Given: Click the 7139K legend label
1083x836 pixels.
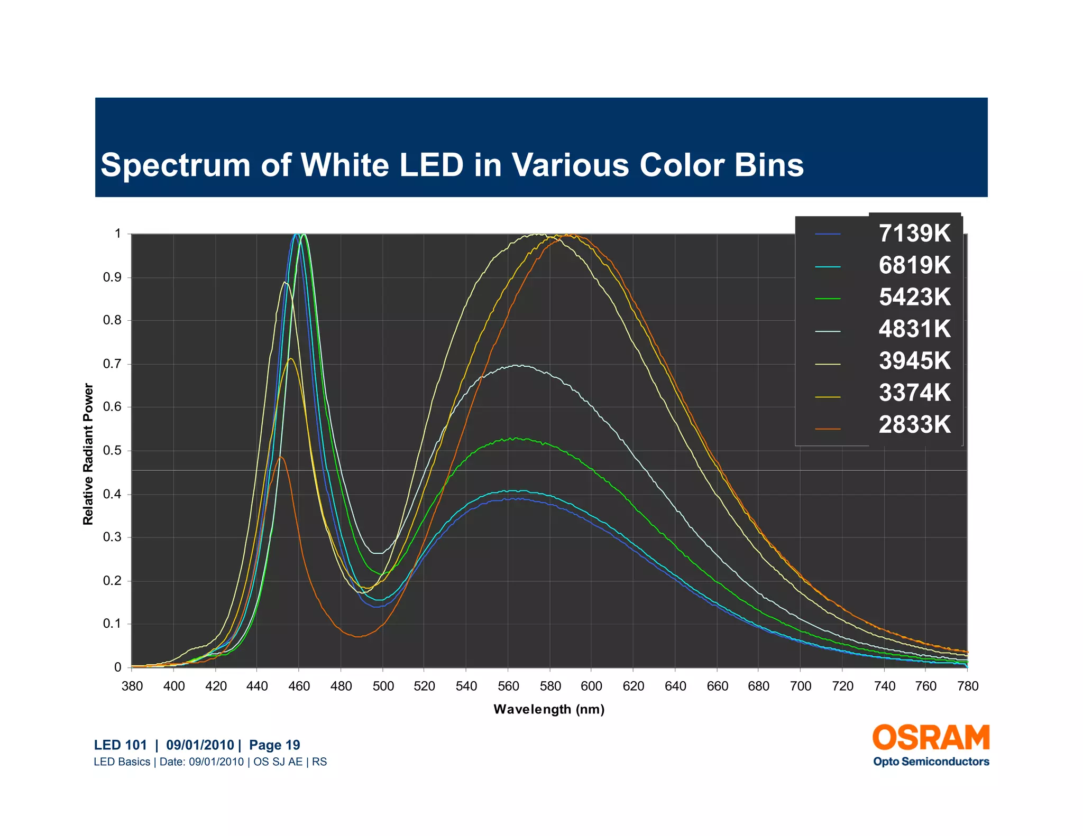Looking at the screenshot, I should click(914, 234).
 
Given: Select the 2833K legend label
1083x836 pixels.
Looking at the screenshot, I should click(914, 425).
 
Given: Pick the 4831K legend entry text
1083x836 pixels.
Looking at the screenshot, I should click(914, 329).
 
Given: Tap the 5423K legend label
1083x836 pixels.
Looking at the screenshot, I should click(914, 297).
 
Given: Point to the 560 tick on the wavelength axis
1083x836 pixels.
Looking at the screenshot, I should click(508, 686).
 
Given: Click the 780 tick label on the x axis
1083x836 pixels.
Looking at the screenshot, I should click(967, 686).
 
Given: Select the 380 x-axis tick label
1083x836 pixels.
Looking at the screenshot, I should click(132, 686).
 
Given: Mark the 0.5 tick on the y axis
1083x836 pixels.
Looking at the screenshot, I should click(112, 451).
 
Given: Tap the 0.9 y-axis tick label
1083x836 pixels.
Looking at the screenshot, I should click(112, 277).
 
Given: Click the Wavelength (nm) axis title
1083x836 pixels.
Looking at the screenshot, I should click(549, 709).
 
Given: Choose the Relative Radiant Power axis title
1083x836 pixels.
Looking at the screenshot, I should click(88, 454).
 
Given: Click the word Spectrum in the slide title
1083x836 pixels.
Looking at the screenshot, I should click(175, 165).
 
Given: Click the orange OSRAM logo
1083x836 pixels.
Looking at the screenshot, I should click(931, 738).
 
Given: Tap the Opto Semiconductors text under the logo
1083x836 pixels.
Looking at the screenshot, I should click(931, 761).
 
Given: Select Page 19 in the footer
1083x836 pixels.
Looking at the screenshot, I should click(274, 745).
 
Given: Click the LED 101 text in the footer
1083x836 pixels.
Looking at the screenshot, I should click(121, 745).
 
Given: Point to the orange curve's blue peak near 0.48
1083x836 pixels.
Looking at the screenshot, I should click(281, 457).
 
